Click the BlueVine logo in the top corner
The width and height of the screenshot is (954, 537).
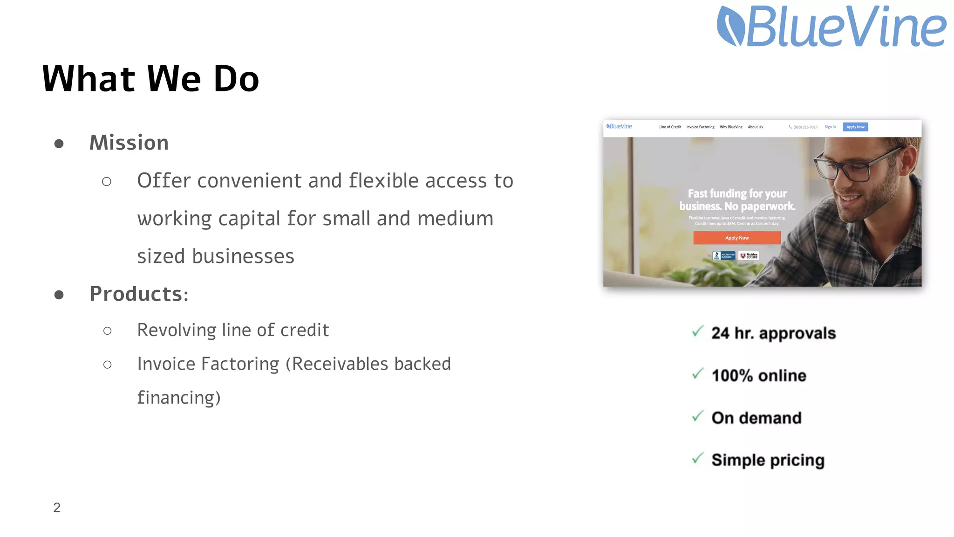tap(831, 26)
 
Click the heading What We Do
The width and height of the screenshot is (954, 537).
tap(150, 79)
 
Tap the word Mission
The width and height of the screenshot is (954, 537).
tap(129, 143)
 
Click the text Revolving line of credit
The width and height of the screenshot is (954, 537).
tap(233, 330)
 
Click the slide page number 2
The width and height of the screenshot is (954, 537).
tap(57, 507)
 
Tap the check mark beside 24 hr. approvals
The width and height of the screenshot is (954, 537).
tap(697, 332)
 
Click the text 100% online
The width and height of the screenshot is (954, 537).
tap(759, 376)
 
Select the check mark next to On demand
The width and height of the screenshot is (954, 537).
tap(697, 416)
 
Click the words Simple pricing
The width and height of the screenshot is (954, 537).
tap(768, 460)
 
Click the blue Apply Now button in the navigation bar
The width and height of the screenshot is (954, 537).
tap(855, 127)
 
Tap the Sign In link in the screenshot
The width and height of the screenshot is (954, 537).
tap(830, 127)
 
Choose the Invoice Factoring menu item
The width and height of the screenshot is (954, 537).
tap(700, 127)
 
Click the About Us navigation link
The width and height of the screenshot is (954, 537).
tap(755, 127)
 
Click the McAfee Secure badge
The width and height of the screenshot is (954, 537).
tap(749, 256)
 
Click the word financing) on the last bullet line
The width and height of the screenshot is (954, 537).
tap(179, 398)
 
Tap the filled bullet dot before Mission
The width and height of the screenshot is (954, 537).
tap(59, 144)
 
